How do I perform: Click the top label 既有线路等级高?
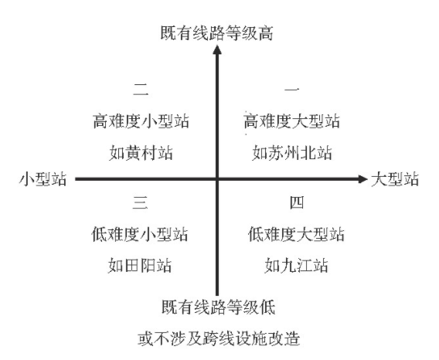(x=216, y=33)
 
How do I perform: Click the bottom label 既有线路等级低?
(x=219, y=307)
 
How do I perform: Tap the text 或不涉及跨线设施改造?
(x=219, y=338)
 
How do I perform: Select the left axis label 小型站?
(x=43, y=179)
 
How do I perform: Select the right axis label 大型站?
(x=395, y=179)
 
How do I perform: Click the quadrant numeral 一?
(x=292, y=90)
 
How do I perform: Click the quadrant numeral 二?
(x=141, y=90)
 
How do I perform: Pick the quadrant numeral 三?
(x=140, y=202)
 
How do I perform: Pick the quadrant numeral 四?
(x=297, y=202)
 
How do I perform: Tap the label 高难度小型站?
(x=141, y=121)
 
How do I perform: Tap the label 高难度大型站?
(x=291, y=121)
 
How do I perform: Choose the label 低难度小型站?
(x=139, y=234)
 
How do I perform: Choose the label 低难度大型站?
(x=296, y=234)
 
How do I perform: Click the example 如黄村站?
(x=141, y=153)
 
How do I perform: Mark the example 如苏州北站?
(x=292, y=153)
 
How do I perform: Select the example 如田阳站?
(x=140, y=266)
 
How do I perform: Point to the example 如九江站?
(x=296, y=266)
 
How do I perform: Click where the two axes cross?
(x=217, y=179)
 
